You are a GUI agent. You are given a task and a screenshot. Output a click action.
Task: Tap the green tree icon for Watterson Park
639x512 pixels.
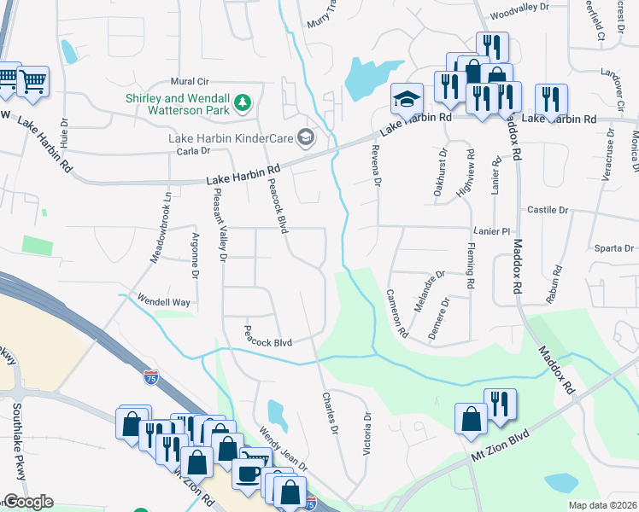243,103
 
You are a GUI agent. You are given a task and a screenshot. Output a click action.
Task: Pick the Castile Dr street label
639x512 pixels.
548,209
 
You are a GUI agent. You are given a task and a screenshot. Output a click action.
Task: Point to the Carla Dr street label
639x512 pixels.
193,151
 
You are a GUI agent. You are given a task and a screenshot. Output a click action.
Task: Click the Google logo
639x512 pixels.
28,502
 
